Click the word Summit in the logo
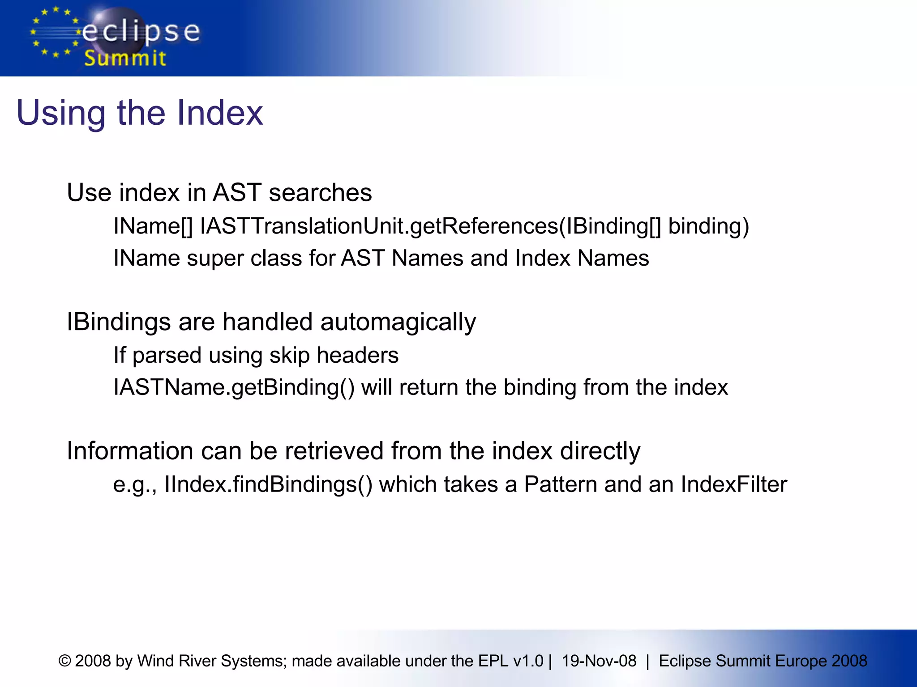pyautogui.click(x=125, y=59)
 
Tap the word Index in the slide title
pyautogui.click(x=220, y=113)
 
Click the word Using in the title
pyautogui.click(x=60, y=114)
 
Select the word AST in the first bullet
pyautogui.click(x=236, y=193)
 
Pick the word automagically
pyautogui.click(x=398, y=322)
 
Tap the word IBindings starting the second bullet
pyautogui.click(x=119, y=322)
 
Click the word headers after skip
pyautogui.click(x=357, y=355)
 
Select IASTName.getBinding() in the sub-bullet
pyautogui.click(x=234, y=387)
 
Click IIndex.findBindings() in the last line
pyautogui.click(x=268, y=484)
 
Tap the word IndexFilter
pyautogui.click(x=734, y=484)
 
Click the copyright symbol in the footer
pyautogui.click(x=65, y=661)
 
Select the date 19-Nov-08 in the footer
pyautogui.click(x=599, y=661)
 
